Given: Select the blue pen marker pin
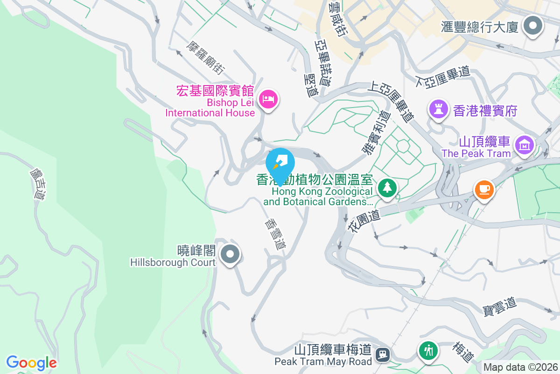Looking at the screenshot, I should [280, 163].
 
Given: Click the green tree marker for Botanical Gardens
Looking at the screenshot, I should [387, 188].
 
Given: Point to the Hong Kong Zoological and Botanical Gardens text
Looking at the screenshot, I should [322, 196].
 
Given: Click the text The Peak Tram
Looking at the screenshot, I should [476, 153].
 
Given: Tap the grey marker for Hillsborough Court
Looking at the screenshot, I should [230, 255].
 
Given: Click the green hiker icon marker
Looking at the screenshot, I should [428, 350].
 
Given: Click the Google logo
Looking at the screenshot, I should [31, 362].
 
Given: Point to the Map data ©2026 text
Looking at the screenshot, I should [520, 367].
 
